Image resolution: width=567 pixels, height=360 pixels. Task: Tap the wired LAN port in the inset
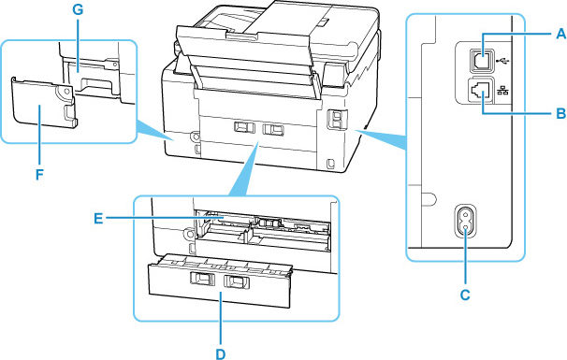[x=483, y=92]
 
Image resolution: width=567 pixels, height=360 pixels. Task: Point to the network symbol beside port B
[x=506, y=92]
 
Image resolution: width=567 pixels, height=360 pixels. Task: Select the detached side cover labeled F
[x=41, y=111]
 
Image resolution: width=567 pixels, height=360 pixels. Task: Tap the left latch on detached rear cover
[x=201, y=279]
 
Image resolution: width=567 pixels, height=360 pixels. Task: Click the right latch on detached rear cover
[x=238, y=280]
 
